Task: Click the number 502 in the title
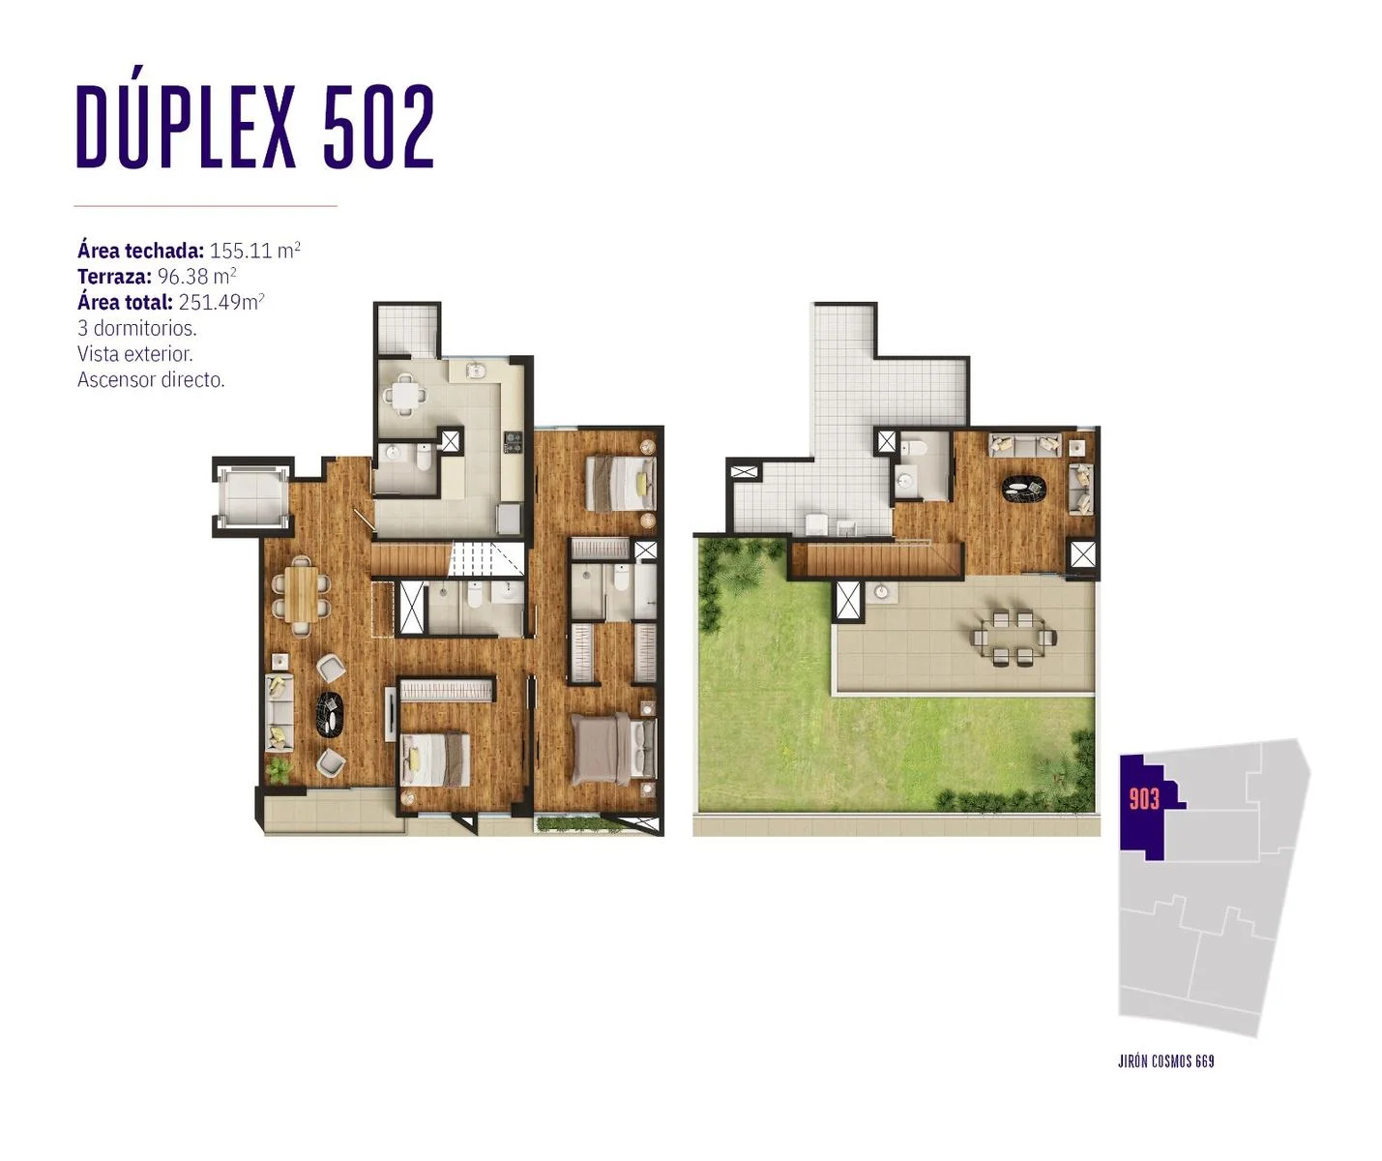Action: (378, 126)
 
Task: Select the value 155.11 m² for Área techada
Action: (254, 251)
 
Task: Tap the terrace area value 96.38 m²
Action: (196, 276)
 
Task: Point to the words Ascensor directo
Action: (151, 379)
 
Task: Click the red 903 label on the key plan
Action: (1144, 799)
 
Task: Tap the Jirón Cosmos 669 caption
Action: (1166, 1061)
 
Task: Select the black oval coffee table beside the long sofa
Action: (329, 714)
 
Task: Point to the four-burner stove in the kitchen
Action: (513, 442)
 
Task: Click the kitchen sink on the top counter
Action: (476, 371)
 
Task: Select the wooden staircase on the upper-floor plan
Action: (875, 559)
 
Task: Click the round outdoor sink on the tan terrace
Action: (881, 591)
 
